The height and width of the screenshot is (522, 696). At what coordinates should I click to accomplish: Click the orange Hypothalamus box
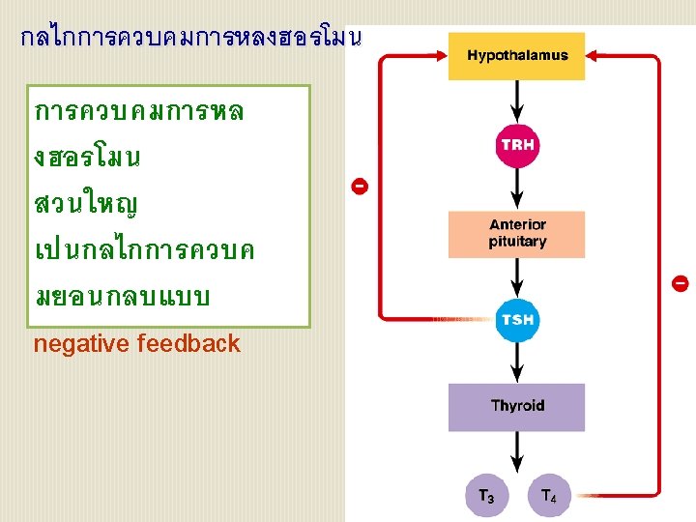click(517, 56)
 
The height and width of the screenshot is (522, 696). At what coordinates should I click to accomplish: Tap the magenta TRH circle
click(517, 145)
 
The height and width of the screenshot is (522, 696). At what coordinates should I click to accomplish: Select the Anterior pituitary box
click(517, 234)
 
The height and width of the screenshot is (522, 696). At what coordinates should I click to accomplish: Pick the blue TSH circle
click(517, 320)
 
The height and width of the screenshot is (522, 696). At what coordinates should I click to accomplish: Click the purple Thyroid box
click(517, 407)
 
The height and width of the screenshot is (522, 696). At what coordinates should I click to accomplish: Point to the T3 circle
click(486, 497)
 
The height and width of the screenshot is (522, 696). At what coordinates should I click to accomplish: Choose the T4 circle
click(548, 497)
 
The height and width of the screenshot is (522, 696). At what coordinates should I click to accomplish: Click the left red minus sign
click(359, 185)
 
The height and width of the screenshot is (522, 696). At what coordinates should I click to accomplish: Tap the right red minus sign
click(680, 283)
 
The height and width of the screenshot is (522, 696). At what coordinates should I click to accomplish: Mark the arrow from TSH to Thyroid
click(517, 362)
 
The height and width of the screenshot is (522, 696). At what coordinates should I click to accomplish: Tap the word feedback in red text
click(188, 344)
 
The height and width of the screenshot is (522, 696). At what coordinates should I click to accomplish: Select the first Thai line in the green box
click(139, 111)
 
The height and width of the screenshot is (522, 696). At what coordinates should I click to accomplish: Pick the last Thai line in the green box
click(122, 297)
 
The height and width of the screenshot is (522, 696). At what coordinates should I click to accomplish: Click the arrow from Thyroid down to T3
click(517, 454)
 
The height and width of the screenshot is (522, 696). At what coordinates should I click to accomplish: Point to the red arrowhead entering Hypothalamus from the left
click(440, 57)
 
